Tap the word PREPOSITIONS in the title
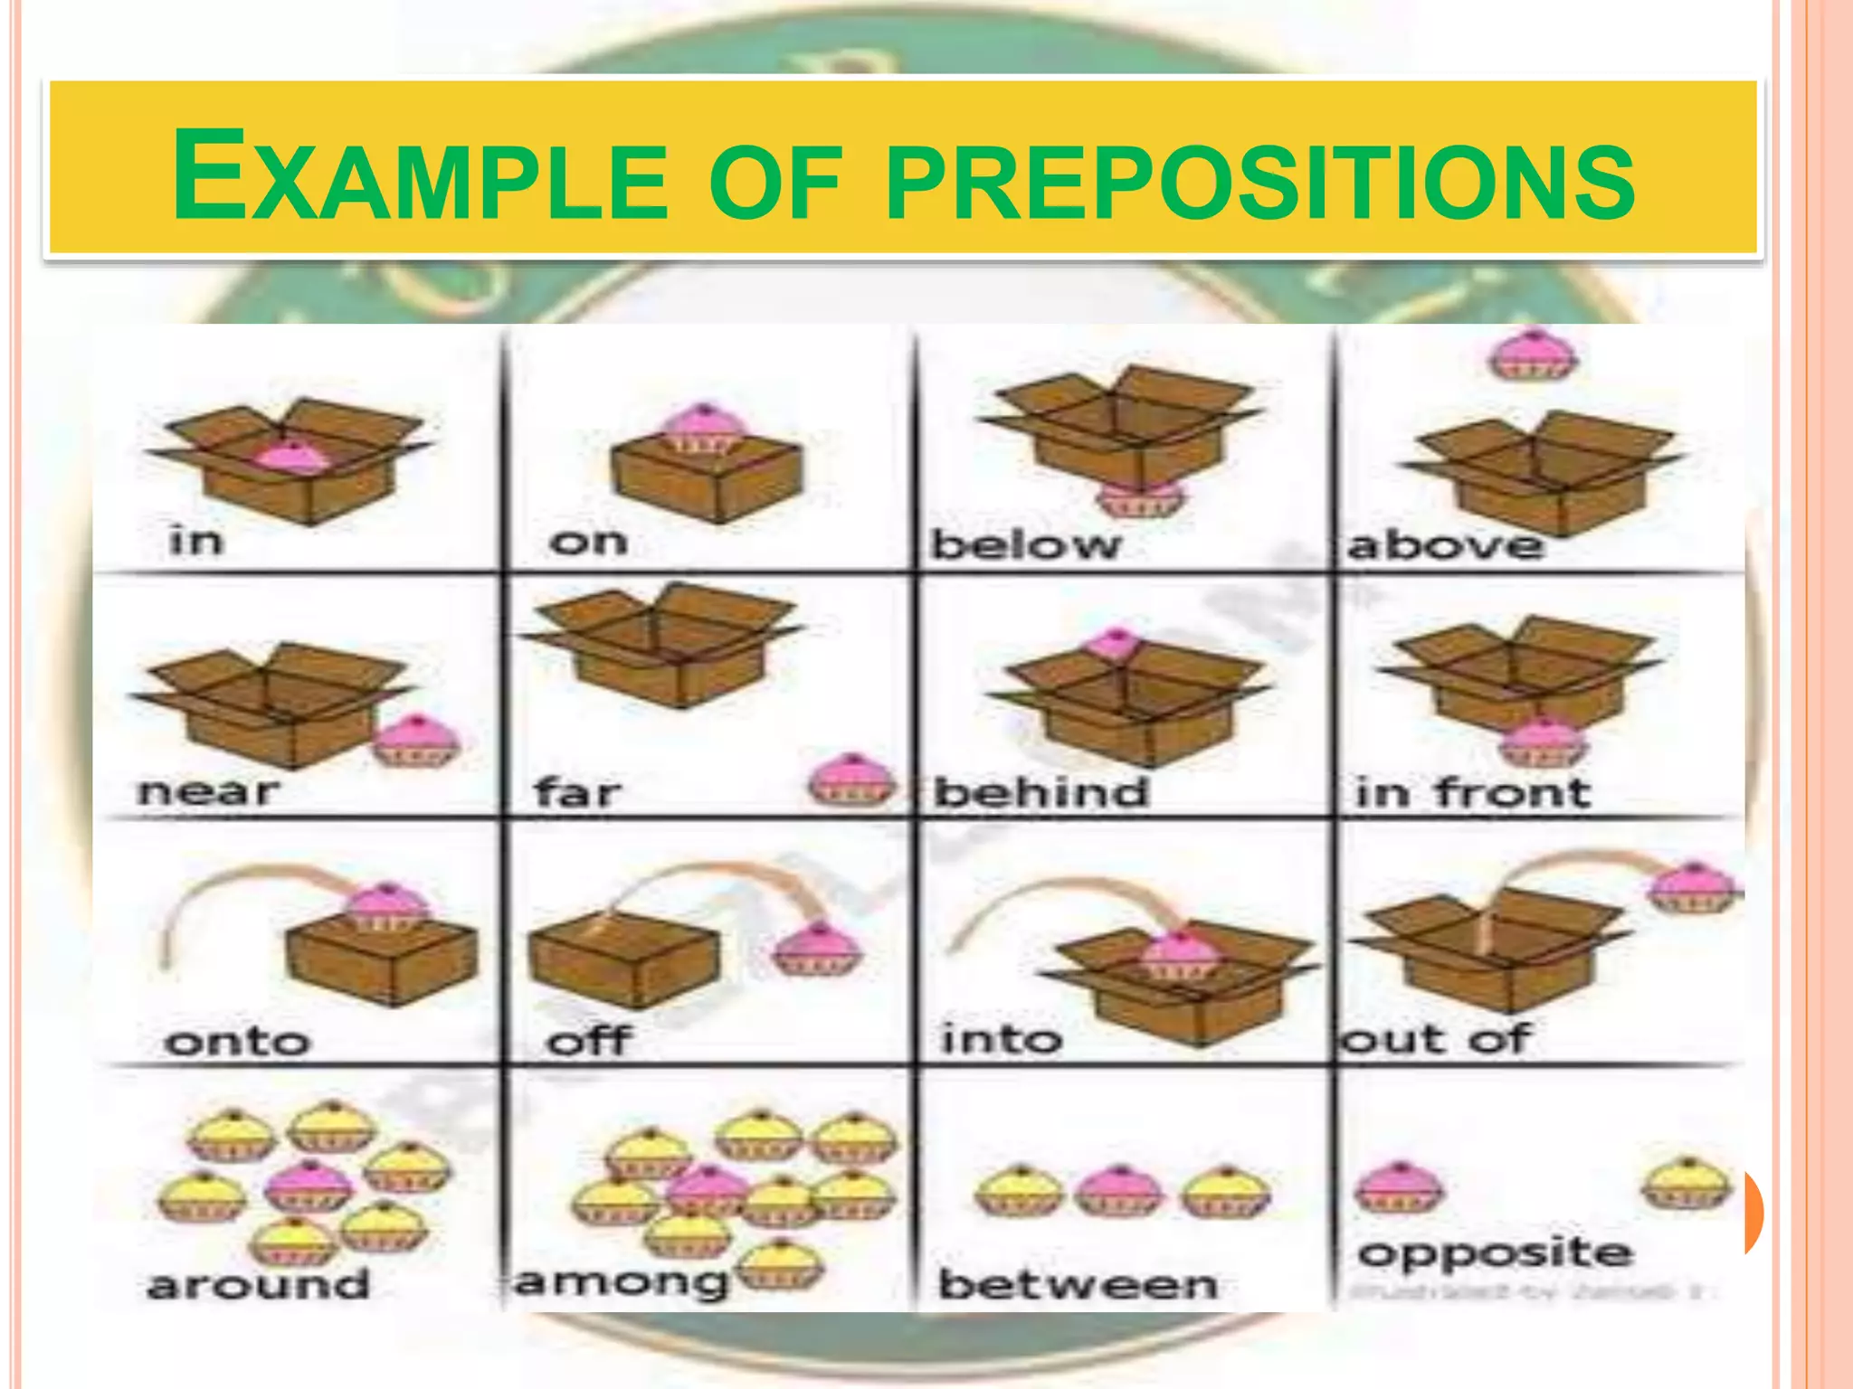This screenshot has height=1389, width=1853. [1260, 178]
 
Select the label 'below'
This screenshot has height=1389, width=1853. [1026, 544]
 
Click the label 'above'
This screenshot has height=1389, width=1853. [1446, 544]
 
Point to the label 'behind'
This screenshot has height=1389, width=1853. [1041, 792]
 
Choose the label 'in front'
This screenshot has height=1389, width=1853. [1473, 792]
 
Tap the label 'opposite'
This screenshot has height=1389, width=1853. [1495, 1253]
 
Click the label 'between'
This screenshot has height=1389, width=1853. [1078, 1284]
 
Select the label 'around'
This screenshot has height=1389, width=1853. [259, 1284]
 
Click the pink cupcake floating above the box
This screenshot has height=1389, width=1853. [1533, 354]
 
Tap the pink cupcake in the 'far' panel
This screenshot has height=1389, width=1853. [850, 780]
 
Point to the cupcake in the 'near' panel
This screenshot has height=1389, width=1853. [417, 741]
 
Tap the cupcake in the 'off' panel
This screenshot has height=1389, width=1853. [818, 949]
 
